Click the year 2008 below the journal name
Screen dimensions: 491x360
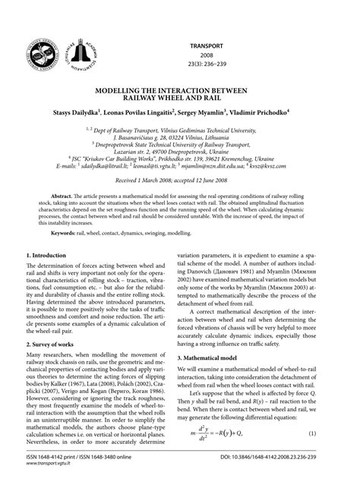(207, 55)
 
